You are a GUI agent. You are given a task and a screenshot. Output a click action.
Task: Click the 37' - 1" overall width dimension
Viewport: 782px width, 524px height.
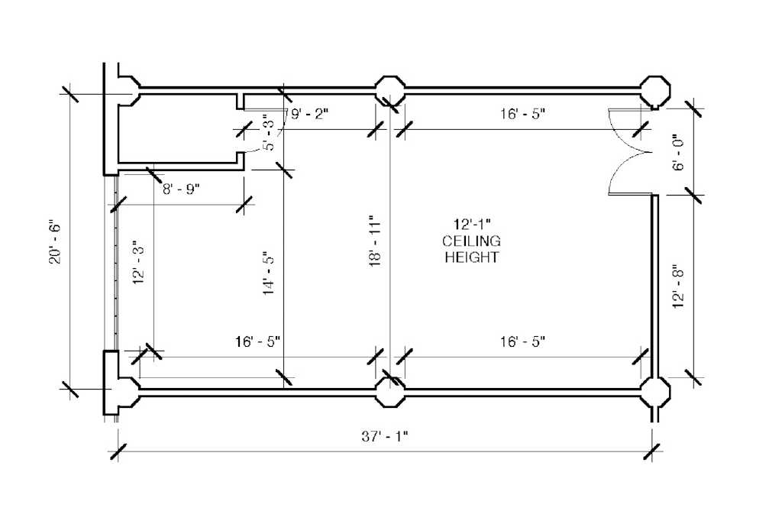pos(385,437)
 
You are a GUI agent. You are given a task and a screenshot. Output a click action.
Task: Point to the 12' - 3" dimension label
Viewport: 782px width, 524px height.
pos(139,264)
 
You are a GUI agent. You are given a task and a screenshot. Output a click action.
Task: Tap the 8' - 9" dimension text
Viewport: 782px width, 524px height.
pos(181,189)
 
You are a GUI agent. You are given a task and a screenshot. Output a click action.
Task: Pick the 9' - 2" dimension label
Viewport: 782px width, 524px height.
pos(310,115)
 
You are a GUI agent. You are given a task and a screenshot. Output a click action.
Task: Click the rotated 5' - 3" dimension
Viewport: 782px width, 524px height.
pos(268,133)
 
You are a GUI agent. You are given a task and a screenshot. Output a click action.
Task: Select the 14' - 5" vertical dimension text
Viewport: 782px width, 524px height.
pos(269,273)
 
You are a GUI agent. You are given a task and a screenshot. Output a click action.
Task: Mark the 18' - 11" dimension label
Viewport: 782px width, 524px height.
pos(375,241)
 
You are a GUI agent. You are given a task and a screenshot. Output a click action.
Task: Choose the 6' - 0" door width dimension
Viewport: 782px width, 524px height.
pos(679,152)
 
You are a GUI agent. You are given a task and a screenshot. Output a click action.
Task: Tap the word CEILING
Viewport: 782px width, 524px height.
pos(471,241)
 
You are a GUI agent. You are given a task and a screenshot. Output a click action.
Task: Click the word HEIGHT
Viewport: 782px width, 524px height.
pos(471,257)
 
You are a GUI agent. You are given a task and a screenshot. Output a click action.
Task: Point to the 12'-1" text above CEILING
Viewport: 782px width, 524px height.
pos(472,224)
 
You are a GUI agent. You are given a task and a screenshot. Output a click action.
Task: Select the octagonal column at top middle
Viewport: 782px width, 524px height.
pos(390,91)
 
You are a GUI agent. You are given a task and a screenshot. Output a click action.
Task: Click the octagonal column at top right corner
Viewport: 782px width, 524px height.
pos(654,92)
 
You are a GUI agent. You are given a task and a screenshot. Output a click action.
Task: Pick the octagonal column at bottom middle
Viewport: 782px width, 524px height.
pos(390,392)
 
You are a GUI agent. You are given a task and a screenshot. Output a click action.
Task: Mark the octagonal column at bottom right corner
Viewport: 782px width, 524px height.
pos(654,393)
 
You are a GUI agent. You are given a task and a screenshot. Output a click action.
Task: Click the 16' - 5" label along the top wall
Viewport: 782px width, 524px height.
pos(522,114)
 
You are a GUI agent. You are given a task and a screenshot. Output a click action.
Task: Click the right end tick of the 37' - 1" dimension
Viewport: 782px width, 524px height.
pos(652,452)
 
